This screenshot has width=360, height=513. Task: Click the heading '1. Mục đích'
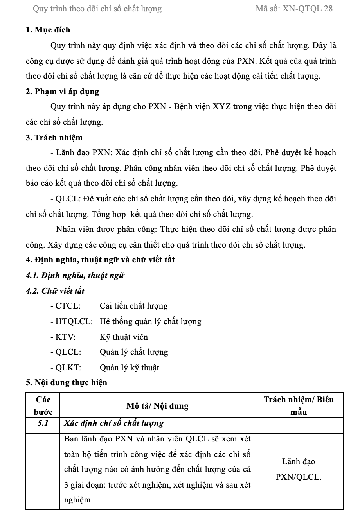[48, 30]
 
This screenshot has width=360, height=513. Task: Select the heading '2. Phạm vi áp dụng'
[62, 91]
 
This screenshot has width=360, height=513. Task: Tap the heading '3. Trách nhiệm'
[54, 138]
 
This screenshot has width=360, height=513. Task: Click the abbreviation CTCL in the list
[65, 306]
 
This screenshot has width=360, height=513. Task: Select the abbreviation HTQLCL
[72, 321]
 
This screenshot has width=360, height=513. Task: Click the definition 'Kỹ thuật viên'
[124, 337]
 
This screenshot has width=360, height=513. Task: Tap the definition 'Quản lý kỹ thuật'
[129, 368]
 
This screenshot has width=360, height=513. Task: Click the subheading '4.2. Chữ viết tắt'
[55, 291]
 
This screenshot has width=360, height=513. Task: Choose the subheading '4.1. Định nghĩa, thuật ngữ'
[75, 275]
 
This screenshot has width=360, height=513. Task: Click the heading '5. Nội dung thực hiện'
[66, 382]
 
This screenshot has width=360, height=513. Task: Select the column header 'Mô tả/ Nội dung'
[157, 406]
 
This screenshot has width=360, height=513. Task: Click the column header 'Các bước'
[43, 406]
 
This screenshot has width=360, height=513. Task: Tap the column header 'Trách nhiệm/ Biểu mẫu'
[299, 406]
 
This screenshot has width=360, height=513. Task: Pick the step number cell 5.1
[43, 423]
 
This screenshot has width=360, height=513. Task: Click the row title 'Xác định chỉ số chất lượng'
[113, 423]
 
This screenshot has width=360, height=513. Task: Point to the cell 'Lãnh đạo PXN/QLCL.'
[299, 469]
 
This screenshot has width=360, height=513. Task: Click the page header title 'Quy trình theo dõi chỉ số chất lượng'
[97, 9]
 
